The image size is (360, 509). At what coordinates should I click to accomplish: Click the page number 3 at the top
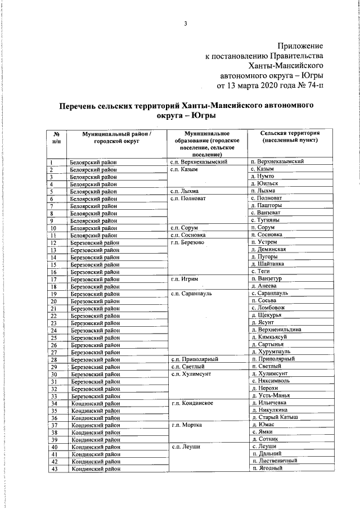(x=185, y=23)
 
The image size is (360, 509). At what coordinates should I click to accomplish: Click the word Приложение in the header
(x=300, y=44)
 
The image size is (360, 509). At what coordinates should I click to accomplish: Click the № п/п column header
(x=56, y=138)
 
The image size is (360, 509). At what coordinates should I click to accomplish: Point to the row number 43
(x=54, y=469)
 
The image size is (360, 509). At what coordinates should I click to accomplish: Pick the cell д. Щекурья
(x=267, y=316)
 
